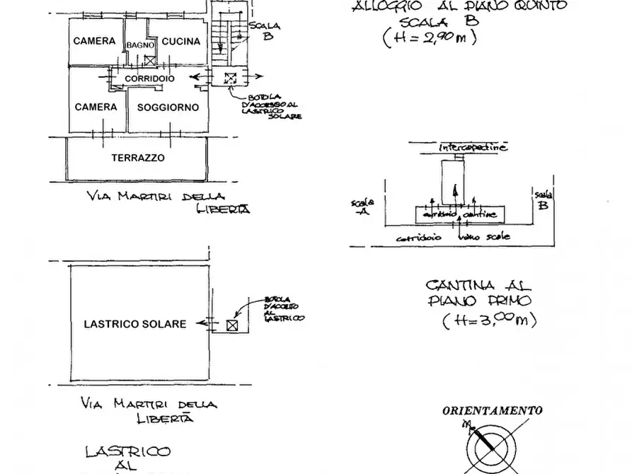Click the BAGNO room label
coord(141,45)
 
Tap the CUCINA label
coord(181,42)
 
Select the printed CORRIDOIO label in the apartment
coord(149,78)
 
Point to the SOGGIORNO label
coord(168,108)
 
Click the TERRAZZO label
coord(138,158)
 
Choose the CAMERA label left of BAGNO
coord(94,41)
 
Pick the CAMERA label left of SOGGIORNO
coord(96,108)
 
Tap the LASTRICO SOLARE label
coord(135,324)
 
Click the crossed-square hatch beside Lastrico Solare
coord(231,325)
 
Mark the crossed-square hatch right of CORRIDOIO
coord(229,79)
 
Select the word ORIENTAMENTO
coord(493,410)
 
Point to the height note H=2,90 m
coord(429,37)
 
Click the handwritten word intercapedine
coord(473,148)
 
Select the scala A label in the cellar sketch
coord(362,207)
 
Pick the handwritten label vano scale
coord(485,237)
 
